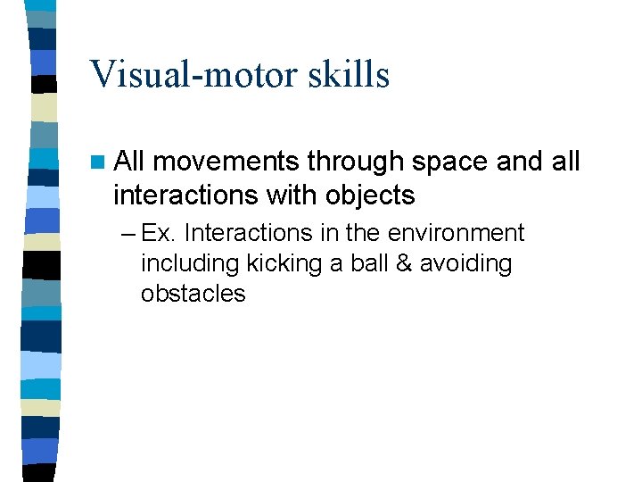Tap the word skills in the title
pyautogui.click(x=351, y=74)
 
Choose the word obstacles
pyautogui.click(x=193, y=294)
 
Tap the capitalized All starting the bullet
pyautogui.click(x=130, y=162)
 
